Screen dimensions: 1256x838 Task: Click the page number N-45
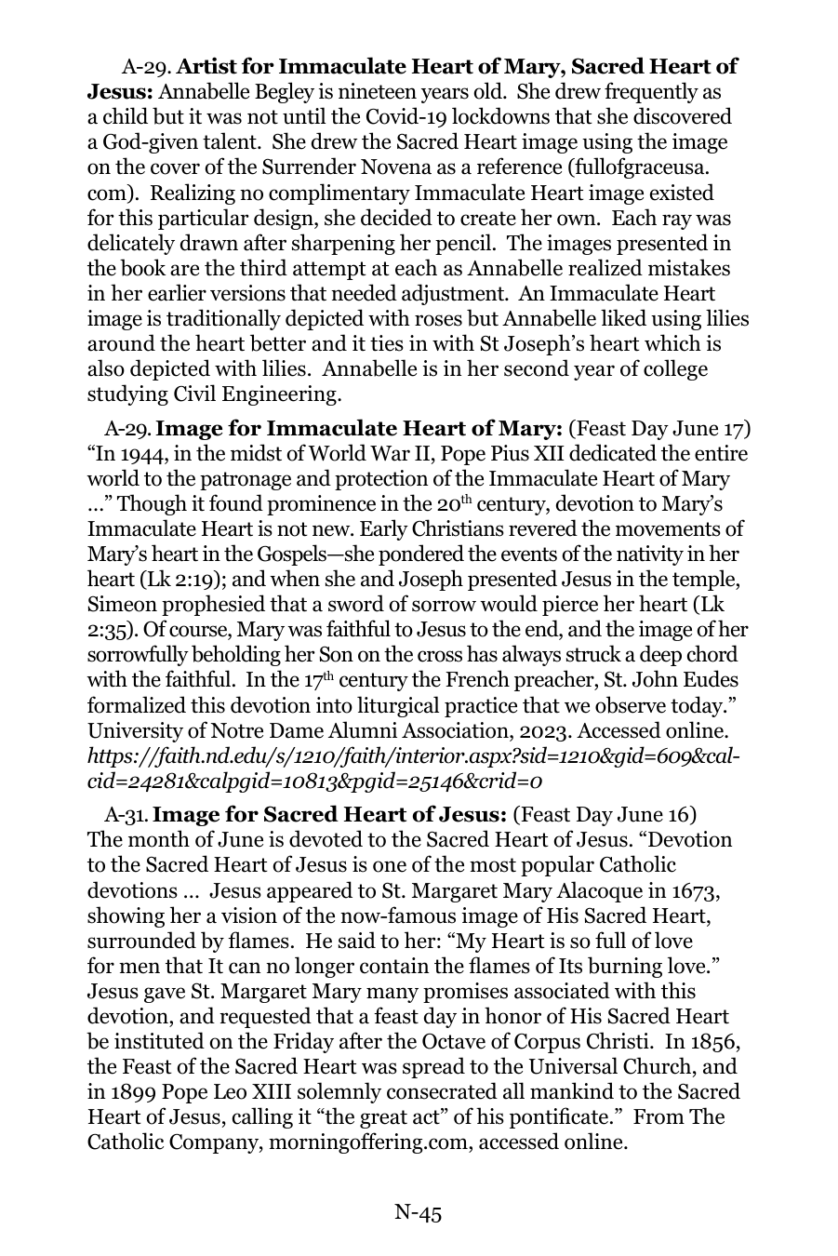418,1212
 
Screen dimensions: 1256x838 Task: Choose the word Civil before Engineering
201,394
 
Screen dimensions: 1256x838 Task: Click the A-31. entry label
126,816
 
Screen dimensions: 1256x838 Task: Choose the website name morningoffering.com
371,1142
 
